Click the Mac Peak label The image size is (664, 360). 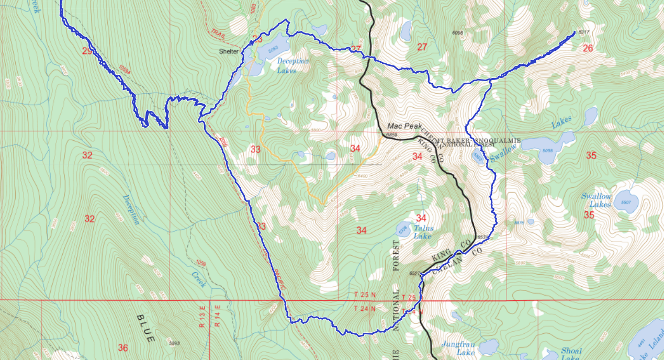404,126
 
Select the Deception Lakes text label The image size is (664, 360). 292,65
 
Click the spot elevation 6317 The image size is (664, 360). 584,32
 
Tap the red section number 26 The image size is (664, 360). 588,48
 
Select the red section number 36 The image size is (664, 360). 123,347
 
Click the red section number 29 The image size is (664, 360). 87,51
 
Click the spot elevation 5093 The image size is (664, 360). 175,343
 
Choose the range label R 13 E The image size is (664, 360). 201,317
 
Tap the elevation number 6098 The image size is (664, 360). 457,33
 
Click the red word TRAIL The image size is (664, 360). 219,32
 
